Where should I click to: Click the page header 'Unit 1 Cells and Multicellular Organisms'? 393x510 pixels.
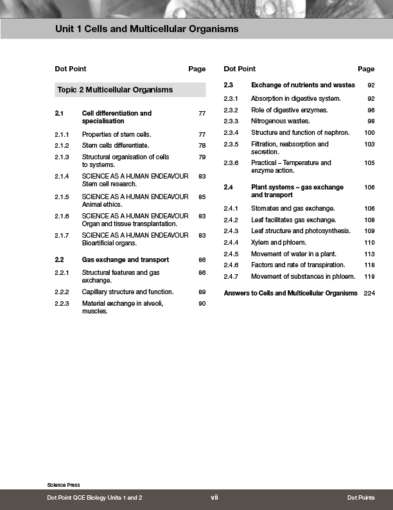[x=146, y=29]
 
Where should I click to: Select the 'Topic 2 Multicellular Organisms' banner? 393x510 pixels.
[x=115, y=90]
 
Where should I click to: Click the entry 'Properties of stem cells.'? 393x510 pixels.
[x=116, y=135]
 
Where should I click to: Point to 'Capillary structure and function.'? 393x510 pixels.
[x=128, y=292]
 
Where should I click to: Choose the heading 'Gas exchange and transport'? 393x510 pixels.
[x=125, y=260]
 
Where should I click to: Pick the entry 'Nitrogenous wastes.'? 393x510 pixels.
[x=280, y=121]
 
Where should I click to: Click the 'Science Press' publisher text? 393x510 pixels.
[x=63, y=484]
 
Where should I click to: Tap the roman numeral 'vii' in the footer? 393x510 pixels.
[x=214, y=498]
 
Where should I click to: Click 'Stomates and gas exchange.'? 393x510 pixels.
[x=293, y=209]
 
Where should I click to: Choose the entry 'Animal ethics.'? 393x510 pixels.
[x=101, y=204]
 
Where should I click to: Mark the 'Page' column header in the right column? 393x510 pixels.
[x=366, y=69]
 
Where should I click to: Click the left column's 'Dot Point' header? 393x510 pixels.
[x=71, y=69]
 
